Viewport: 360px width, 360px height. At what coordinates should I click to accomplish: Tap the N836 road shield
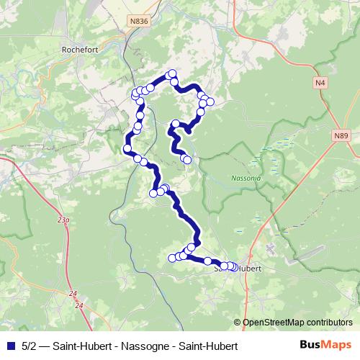pyautogui.click(x=140, y=22)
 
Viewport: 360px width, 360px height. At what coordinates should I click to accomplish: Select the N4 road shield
pyautogui.click(x=320, y=84)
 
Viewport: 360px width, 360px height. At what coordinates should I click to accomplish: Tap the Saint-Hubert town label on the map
pyautogui.click(x=238, y=269)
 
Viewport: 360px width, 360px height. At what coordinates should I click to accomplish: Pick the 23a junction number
pyautogui.click(x=64, y=218)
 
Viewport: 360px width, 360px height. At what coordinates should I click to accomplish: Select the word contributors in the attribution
pyautogui.click(x=331, y=323)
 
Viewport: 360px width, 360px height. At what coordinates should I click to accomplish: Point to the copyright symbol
pyautogui.click(x=238, y=323)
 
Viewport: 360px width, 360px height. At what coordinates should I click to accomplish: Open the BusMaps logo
pyautogui.click(x=326, y=346)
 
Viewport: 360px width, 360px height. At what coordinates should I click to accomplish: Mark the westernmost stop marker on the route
pyautogui.click(x=127, y=149)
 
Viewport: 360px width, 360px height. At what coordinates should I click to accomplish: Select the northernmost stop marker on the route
pyautogui.click(x=171, y=73)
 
